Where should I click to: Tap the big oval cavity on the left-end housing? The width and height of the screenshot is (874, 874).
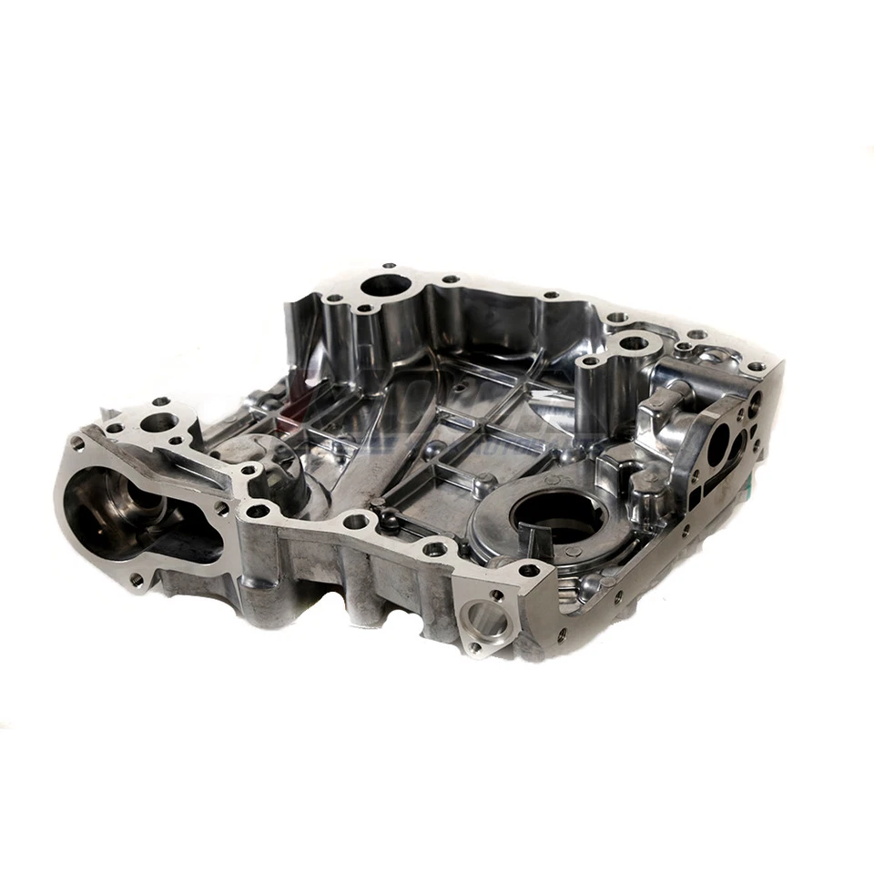tap(137, 514)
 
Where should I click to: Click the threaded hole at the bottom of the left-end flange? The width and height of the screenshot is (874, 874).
tap(137, 578)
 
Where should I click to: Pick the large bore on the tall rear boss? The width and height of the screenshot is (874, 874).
tap(385, 286)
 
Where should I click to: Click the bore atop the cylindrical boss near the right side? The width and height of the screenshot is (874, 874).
tap(633, 345)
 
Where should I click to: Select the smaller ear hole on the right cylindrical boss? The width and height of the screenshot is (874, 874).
tap(591, 361)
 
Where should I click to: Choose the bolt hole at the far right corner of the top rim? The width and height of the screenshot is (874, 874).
tap(755, 367)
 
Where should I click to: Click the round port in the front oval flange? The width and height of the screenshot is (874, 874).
tap(485, 621)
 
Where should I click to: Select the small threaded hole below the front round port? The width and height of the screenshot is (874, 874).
tap(474, 646)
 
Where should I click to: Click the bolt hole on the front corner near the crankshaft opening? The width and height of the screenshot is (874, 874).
tap(527, 571)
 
